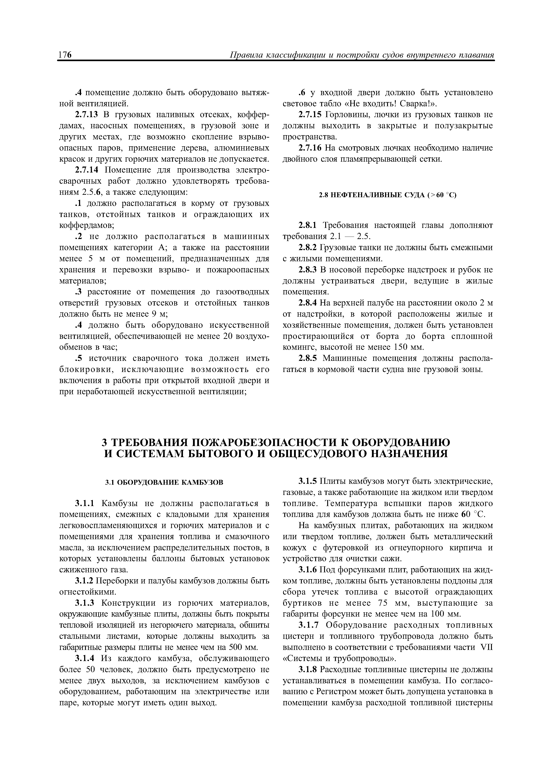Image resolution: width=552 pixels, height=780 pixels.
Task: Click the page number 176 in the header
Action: point(65,55)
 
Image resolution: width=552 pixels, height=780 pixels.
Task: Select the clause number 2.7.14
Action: point(88,170)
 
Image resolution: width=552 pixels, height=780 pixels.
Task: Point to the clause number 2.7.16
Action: point(310,148)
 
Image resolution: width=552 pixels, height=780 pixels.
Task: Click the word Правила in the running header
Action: point(246,55)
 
